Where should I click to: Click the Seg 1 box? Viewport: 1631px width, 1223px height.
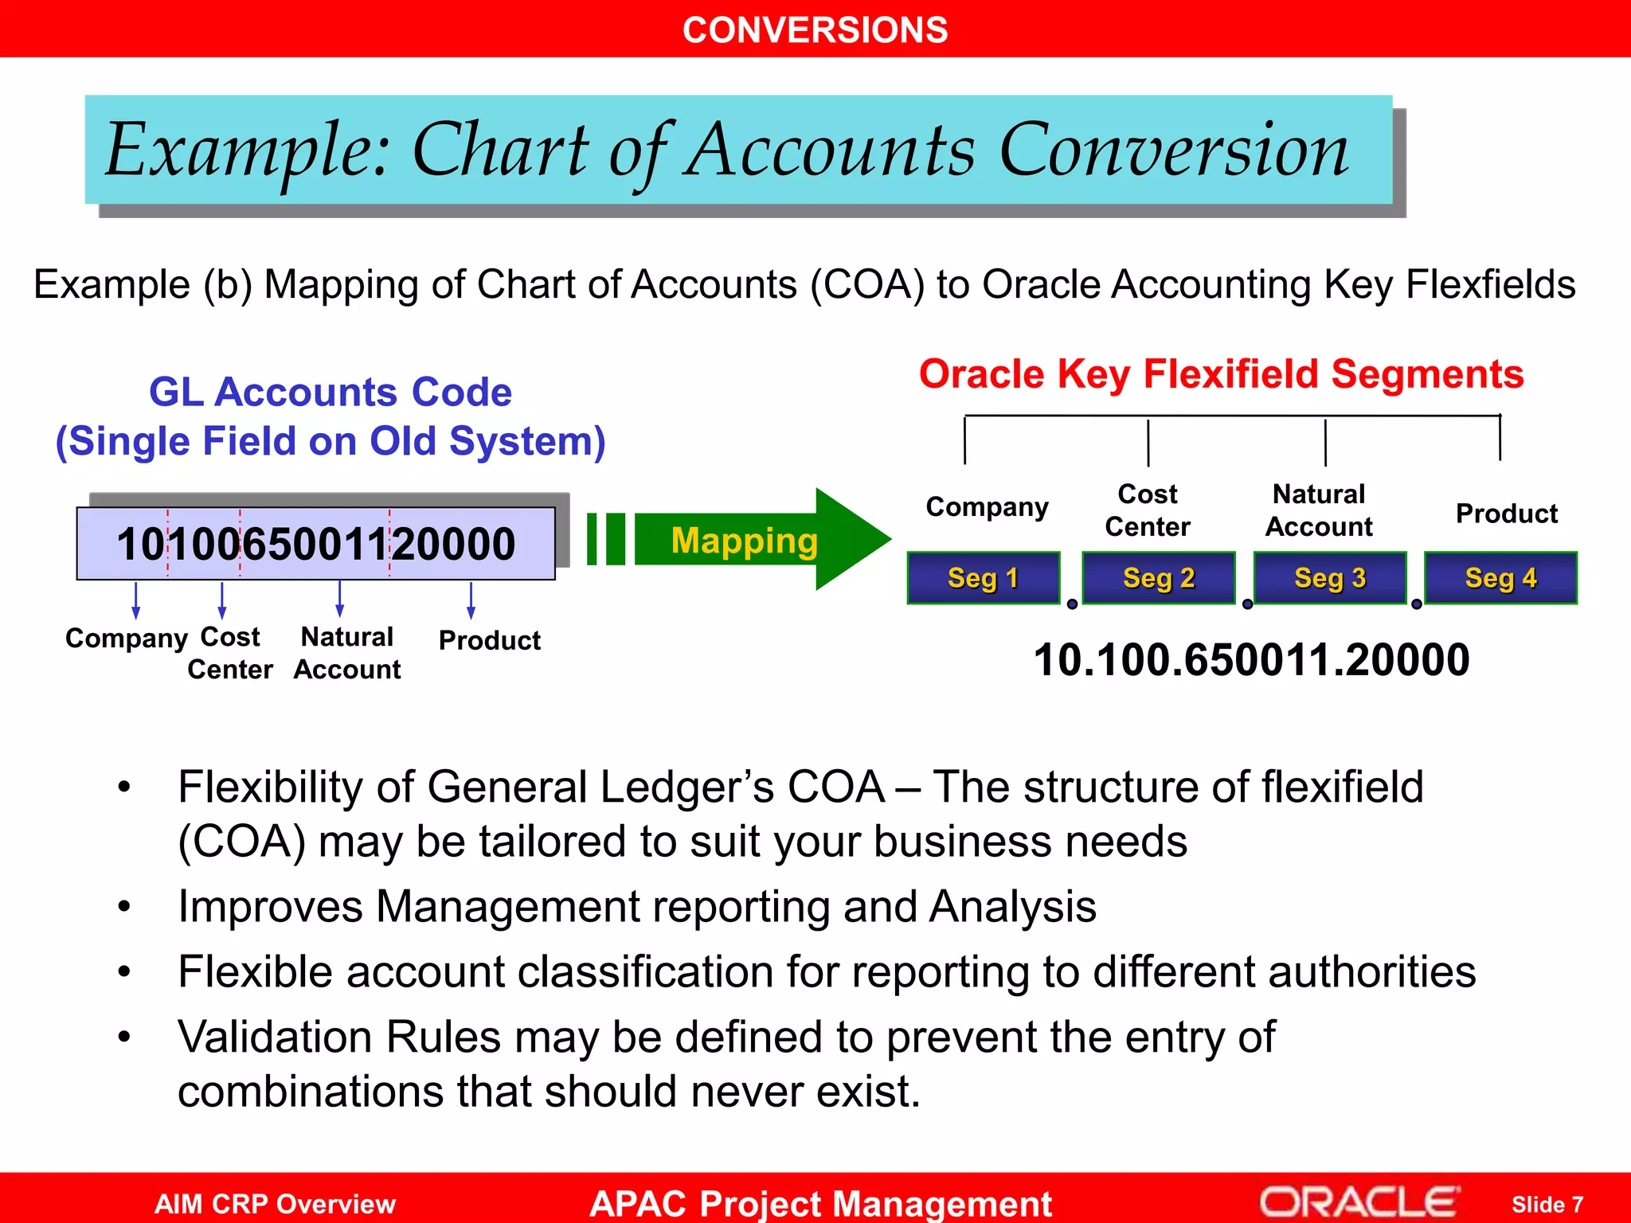[x=983, y=577]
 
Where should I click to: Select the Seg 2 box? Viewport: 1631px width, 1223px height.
[x=1158, y=577]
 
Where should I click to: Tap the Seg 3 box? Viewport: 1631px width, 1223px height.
[x=1329, y=577]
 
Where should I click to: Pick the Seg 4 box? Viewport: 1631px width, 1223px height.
[x=1500, y=577]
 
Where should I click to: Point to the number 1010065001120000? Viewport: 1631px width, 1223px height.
[x=315, y=544]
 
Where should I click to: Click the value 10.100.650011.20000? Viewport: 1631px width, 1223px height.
[x=1251, y=659]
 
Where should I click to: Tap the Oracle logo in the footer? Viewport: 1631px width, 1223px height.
[x=1359, y=1202]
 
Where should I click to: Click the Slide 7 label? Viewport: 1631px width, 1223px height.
[x=1547, y=1204]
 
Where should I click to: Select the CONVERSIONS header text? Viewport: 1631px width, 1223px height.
[x=815, y=30]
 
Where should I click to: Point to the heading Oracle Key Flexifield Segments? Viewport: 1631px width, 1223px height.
[x=1221, y=374]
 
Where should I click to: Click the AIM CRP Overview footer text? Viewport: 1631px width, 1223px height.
[x=275, y=1203]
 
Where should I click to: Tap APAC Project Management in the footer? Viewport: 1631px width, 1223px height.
[x=820, y=1203]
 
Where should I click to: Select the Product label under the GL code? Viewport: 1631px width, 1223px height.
[x=489, y=640]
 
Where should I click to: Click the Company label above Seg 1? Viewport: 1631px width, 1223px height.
[x=987, y=507]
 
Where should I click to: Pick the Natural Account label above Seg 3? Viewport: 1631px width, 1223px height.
[x=1319, y=510]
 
